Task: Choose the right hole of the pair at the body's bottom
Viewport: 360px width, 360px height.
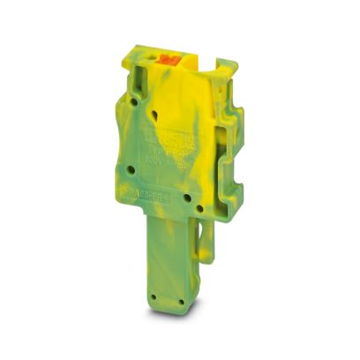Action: point(202,208)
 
